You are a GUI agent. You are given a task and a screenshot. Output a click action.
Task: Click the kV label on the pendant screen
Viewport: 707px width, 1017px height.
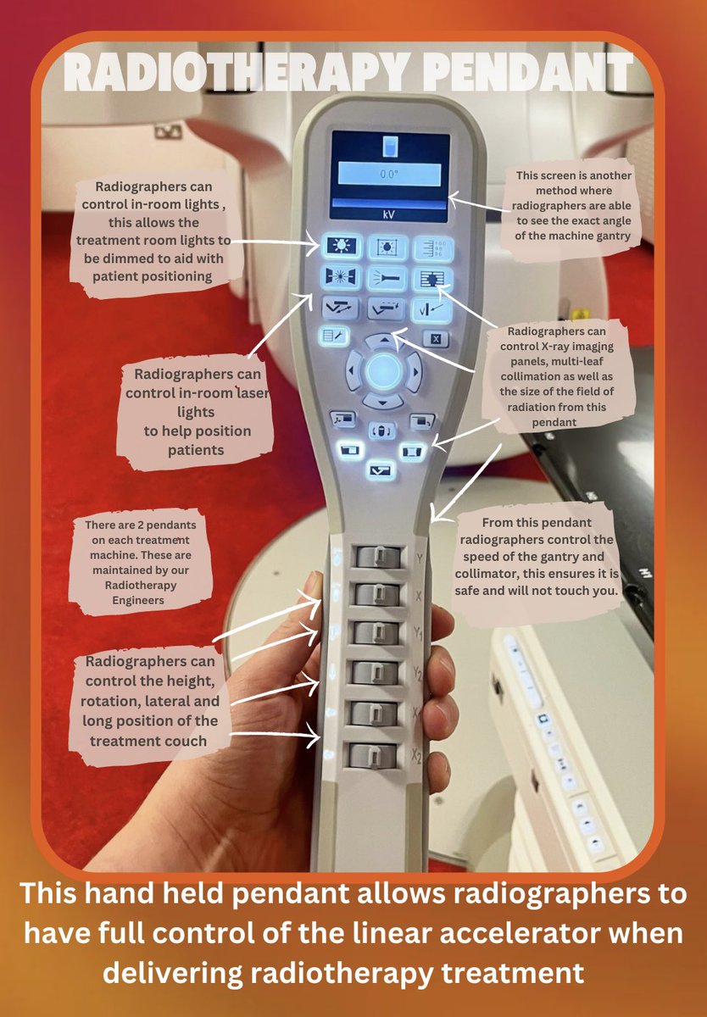tap(389, 214)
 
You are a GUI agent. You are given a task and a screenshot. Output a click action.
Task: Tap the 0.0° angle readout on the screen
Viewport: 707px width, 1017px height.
tap(389, 175)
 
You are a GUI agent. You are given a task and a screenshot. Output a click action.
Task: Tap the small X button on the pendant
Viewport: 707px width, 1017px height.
tap(436, 339)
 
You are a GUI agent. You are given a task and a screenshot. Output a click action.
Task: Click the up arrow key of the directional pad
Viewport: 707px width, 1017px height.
tap(384, 340)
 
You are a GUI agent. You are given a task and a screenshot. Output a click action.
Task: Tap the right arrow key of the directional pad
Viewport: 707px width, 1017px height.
tap(415, 372)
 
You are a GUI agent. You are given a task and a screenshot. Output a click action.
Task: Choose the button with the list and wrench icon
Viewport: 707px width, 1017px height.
tap(334, 336)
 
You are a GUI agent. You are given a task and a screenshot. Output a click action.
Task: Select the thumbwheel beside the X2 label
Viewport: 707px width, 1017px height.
tap(372, 755)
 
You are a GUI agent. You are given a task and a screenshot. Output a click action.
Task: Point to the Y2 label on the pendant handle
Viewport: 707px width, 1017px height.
tap(417, 672)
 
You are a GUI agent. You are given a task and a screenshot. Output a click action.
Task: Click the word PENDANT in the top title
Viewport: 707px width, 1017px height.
tap(527, 72)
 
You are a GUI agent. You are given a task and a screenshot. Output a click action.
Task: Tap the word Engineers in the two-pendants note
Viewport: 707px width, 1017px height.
tap(138, 601)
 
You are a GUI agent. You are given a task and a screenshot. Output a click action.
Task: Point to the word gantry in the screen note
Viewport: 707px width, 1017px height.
tap(612, 236)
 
